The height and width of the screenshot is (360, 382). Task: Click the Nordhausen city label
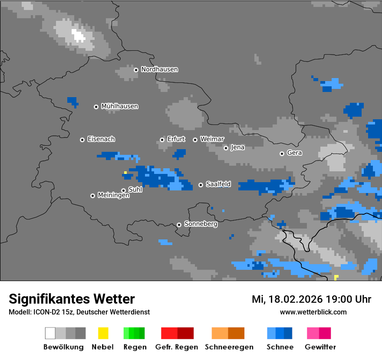pos(159,69)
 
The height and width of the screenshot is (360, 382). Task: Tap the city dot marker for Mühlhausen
pos(96,107)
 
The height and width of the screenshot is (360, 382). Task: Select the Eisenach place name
pos(101,139)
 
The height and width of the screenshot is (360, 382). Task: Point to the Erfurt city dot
pos(162,140)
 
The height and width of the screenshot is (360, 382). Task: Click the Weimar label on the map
pos(212,139)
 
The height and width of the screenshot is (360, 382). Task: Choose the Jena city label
pos(237,147)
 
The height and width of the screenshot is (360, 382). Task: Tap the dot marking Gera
pos(282,154)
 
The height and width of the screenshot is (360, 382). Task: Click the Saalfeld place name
pos(218,184)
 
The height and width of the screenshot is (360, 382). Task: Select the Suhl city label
pos(135,190)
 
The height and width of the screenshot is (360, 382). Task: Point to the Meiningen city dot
pos(92,196)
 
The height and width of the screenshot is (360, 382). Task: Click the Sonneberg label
pos(201,224)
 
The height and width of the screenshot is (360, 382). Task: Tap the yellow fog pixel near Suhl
pos(125,173)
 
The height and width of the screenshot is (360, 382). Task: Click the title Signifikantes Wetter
pos(72,299)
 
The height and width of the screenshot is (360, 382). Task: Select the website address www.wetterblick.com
pos(313,312)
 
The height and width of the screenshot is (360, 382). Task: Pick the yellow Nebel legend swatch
pos(103,333)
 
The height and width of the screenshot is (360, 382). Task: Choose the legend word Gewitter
pos(320,347)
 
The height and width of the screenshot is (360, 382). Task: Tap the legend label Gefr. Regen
pos(177,347)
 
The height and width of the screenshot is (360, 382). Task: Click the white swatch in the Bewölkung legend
pos(50,333)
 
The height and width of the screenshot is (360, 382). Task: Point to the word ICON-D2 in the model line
pos(44,312)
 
